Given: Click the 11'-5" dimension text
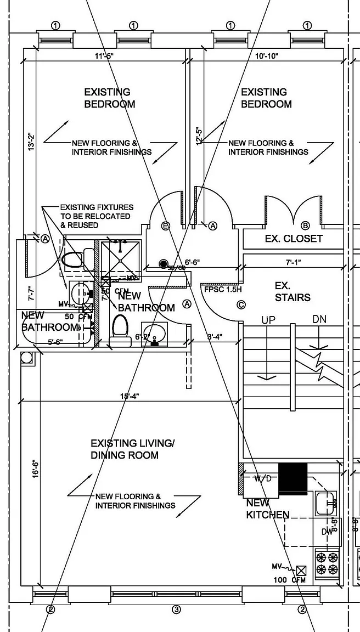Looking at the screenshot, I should (105, 56).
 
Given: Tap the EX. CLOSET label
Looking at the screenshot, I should (294, 239).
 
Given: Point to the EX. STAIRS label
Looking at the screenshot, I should (292, 292).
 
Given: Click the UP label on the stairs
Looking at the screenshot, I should (268, 320).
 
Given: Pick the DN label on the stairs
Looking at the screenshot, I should (319, 319).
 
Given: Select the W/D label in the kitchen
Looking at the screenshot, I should (262, 478).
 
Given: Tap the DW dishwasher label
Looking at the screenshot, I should (327, 532).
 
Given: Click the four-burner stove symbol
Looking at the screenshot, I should (327, 562).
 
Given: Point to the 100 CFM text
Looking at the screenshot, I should (290, 580).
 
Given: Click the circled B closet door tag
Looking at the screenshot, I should (306, 225).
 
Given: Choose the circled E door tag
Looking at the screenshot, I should (166, 225).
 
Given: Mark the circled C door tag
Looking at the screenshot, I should (240, 305).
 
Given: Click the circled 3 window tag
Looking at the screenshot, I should (176, 609).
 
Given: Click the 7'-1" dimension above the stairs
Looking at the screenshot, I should (294, 262).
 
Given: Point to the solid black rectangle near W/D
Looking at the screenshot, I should (293, 478).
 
